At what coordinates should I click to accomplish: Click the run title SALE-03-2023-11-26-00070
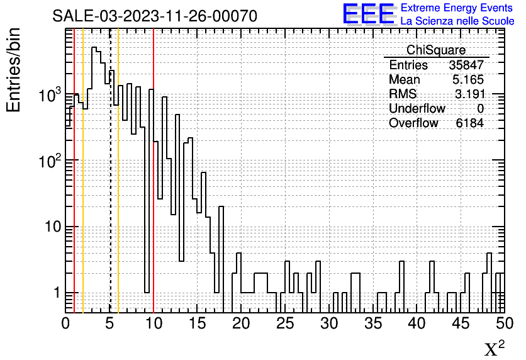coord(155,16)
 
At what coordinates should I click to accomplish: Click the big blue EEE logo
coord(368,14)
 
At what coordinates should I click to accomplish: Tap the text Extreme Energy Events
coord(456,8)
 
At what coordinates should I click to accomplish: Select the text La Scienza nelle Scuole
coord(457,21)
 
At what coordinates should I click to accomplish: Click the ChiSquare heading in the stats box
coord(436,50)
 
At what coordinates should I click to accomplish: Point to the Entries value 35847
coord(466,65)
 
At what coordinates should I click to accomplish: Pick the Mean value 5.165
coord(468,79)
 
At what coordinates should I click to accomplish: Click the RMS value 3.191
coord(469,94)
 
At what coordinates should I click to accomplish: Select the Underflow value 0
coord(480,108)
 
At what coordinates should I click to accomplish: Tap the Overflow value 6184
coord(469,123)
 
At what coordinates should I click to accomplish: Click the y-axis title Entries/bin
coord(13,70)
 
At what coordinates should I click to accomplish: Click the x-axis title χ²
coord(494,348)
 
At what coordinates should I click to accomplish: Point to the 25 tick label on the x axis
coord(285,323)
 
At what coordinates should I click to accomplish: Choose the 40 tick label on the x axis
coord(417,323)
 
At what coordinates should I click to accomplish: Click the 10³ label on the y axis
coord(50,94)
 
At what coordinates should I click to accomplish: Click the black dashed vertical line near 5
coord(109,171)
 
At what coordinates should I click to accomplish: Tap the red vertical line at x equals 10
coord(154,171)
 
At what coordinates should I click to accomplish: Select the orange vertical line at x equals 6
coord(118,171)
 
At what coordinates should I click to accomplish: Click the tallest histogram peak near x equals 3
coord(94,47)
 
